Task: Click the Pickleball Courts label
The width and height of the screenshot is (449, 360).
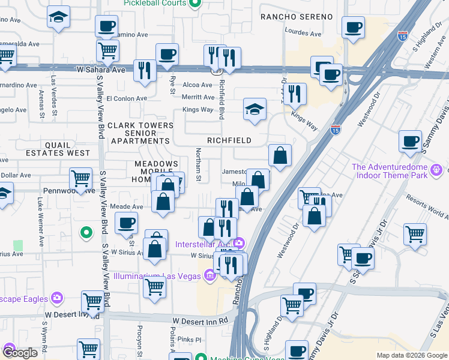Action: pyautogui.click(x=154, y=4)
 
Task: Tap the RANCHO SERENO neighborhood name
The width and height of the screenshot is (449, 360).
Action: pyautogui.click(x=296, y=17)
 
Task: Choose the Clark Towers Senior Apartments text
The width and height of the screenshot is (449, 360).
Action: pyautogui.click(x=140, y=133)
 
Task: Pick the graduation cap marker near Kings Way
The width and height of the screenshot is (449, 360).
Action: pyautogui.click(x=255, y=110)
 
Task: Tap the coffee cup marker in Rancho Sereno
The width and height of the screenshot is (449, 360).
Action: pyautogui.click(x=353, y=27)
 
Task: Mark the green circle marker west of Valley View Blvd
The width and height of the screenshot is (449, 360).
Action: pyautogui.click(x=86, y=232)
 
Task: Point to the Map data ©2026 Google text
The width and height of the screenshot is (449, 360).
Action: pyautogui.click(x=412, y=355)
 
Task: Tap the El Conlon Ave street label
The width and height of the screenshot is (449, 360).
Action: pyautogui.click(x=126, y=98)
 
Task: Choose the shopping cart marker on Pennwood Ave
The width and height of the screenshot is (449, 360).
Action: pyautogui.click(x=80, y=178)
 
